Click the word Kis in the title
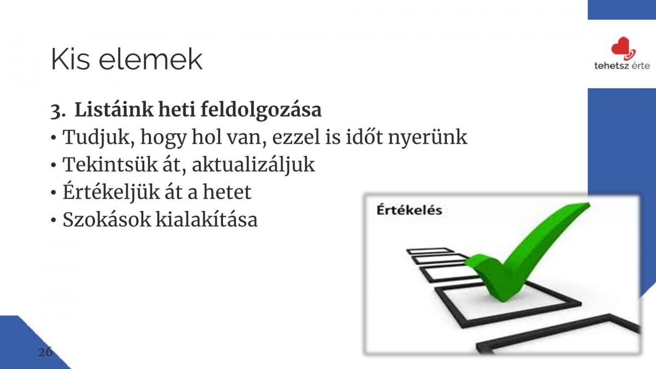[x=70, y=59]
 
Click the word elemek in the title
[x=150, y=59]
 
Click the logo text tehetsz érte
[x=622, y=66]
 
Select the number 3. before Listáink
[x=58, y=111]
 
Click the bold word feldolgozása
[x=261, y=110]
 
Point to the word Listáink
[x=114, y=110]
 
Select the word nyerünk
[x=427, y=138]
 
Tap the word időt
[x=364, y=136]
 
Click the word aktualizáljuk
[x=253, y=165]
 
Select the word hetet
[x=227, y=192]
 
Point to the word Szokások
[x=106, y=220]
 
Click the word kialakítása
[x=206, y=220]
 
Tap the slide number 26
[x=45, y=352]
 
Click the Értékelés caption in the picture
[x=409, y=210]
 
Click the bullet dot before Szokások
[x=53, y=220]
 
